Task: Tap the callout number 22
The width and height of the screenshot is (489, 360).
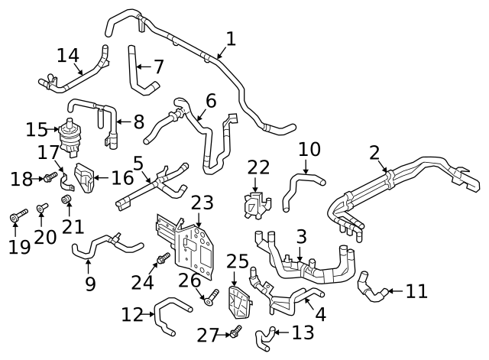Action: pos(258,167)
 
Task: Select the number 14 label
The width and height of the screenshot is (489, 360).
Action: pos(68,55)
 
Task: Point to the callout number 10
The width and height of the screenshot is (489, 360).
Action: pos(309,148)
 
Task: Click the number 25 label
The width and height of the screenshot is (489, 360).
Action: pos(238,261)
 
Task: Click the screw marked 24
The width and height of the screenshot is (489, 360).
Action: pos(163,258)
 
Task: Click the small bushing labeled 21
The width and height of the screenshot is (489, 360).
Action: pos(66,200)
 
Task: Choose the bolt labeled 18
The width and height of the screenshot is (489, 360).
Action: pos(47,178)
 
